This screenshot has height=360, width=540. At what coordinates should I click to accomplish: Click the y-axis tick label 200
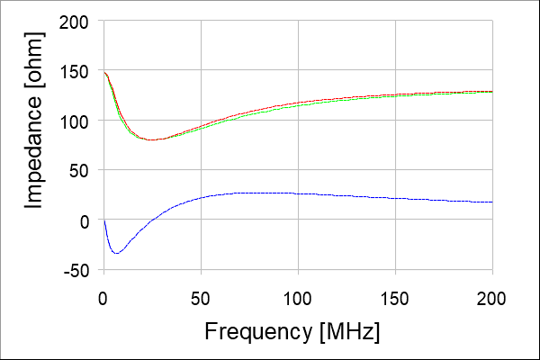click(x=75, y=22)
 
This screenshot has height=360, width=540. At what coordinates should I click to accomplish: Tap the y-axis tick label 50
click(x=80, y=170)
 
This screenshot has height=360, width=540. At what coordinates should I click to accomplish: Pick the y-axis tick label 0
click(x=85, y=220)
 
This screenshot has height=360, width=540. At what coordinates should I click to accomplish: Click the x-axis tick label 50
click(x=201, y=295)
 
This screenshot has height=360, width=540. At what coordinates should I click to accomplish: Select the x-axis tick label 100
click(x=298, y=295)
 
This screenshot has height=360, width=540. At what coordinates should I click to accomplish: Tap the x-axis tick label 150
click(x=395, y=295)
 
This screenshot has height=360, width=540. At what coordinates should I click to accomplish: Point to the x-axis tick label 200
click(x=491, y=295)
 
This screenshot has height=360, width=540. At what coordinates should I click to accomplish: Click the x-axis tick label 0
click(x=103, y=295)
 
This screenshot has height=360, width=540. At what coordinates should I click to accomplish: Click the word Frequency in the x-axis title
click(x=260, y=331)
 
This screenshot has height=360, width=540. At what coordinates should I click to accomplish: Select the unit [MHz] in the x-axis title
click(x=349, y=331)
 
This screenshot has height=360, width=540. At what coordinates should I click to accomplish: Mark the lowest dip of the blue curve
click(x=116, y=253)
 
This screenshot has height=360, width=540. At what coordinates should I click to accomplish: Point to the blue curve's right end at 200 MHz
click(x=491, y=202)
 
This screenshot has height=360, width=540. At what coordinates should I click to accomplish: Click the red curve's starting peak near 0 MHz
click(x=105, y=73)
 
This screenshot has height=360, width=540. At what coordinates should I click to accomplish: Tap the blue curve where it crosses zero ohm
click(x=158, y=220)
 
